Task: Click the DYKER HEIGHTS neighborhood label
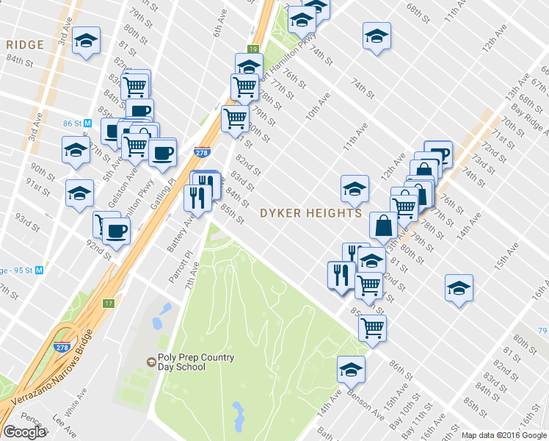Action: click(312, 213)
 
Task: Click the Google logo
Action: click(24, 432)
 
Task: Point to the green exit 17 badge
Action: click(109, 303)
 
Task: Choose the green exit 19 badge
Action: click(252, 49)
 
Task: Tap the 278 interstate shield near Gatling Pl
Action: click(201, 153)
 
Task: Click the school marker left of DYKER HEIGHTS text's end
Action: click(355, 189)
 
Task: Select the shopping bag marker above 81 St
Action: click(384, 226)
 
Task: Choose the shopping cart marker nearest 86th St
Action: click(373, 328)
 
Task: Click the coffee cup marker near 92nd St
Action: click(114, 232)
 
